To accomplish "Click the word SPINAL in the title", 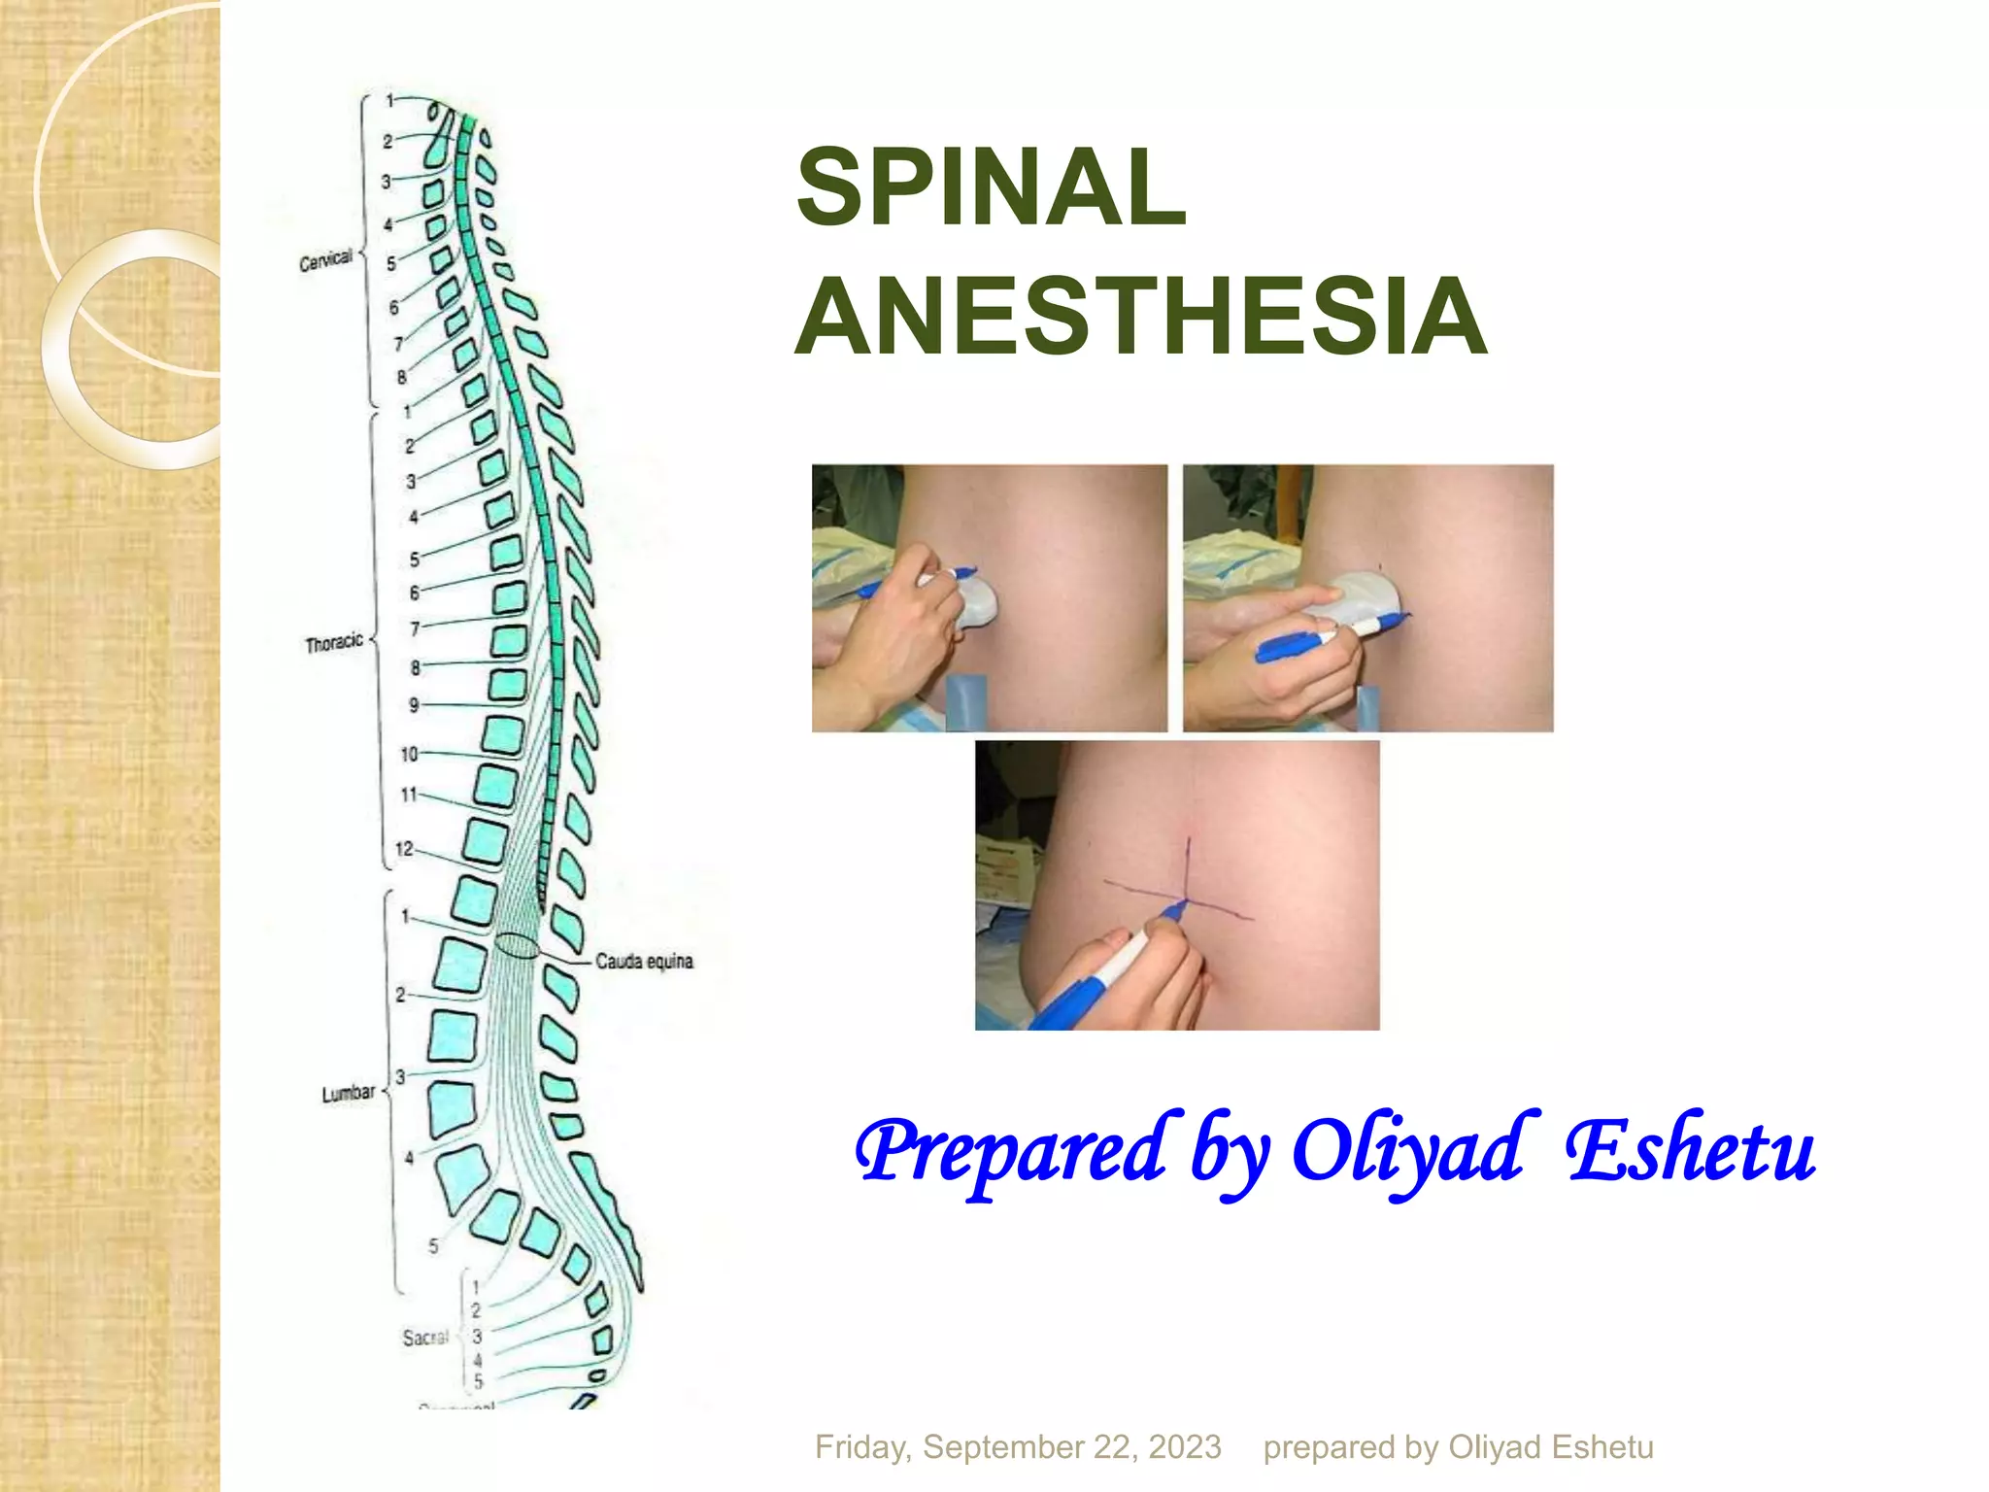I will tap(991, 187).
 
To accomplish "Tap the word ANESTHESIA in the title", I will tap(1141, 316).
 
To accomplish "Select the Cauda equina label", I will tap(644, 962).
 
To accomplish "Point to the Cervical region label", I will tap(325, 261).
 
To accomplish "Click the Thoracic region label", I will tap(334, 643).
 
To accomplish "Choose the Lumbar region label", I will tap(349, 1093).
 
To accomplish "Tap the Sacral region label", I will tap(425, 1339).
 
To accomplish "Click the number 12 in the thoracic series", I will tap(404, 849).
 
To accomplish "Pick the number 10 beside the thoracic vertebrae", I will tap(409, 754).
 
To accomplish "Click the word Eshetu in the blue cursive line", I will tap(1690, 1151).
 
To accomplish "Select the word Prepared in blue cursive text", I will tap(1010, 1151).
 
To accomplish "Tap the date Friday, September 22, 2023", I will tap(1018, 1447).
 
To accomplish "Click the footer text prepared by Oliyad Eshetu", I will tap(1458, 1447).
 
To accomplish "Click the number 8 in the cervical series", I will tap(401, 377).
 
